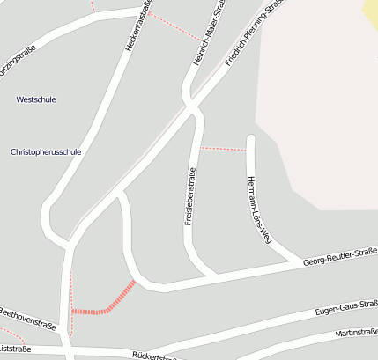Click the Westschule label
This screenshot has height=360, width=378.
(x=36, y=99)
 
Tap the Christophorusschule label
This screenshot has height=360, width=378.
(x=46, y=151)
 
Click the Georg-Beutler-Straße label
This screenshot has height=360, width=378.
(x=340, y=257)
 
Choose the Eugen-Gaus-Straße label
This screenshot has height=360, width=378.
(x=346, y=309)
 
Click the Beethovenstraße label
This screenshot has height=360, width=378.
(x=26, y=318)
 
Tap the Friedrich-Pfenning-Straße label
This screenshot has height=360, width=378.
(x=254, y=33)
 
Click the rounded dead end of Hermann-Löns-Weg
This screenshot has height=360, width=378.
(x=250, y=139)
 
